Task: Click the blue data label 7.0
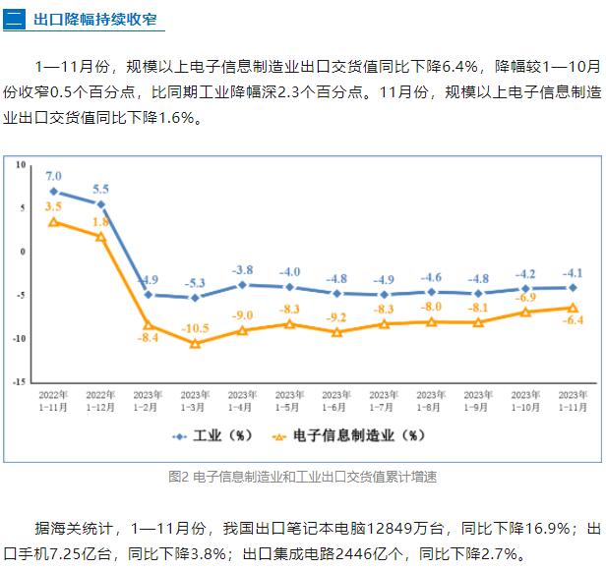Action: [x=54, y=176]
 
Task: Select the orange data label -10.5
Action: [x=196, y=328]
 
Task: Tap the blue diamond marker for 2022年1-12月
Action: [x=101, y=204]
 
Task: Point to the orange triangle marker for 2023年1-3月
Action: [x=195, y=343]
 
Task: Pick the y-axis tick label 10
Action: [x=19, y=164]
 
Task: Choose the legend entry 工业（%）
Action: [x=212, y=434]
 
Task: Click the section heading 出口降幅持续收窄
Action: [x=93, y=20]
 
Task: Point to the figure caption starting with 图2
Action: [x=302, y=476]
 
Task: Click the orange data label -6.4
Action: [x=573, y=320]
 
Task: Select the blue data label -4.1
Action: [x=573, y=273]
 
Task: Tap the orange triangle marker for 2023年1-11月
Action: [x=573, y=307]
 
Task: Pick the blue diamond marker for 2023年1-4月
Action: [x=242, y=285]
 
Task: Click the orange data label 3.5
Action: [x=54, y=207]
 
